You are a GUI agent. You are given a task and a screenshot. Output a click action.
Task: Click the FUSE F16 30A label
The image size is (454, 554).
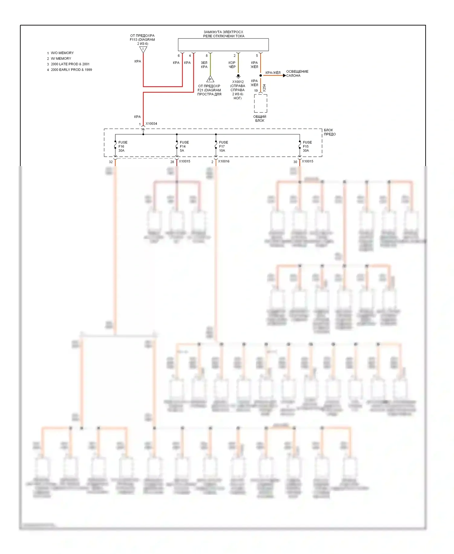click(123, 146)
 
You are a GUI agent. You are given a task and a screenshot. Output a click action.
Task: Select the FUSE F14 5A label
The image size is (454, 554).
click(184, 146)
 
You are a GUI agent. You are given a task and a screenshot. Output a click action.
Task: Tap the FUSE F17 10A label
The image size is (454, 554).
click(223, 146)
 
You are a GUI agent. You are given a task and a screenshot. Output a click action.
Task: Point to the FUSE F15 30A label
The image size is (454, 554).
click(307, 146)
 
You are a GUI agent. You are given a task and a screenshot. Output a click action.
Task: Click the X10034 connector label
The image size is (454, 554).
click(151, 124)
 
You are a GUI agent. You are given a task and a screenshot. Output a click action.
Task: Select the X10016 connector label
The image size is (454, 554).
click(224, 161)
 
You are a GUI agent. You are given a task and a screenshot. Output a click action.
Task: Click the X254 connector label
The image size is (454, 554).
click(264, 88)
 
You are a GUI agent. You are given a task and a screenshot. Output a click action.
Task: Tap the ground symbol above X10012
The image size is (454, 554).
click(238, 76)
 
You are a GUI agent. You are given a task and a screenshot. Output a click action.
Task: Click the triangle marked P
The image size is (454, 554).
click(210, 79)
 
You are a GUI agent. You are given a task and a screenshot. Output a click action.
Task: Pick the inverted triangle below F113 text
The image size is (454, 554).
click(143, 49)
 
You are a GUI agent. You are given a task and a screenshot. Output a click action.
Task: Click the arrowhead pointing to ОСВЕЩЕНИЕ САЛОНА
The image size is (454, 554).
click(284, 75)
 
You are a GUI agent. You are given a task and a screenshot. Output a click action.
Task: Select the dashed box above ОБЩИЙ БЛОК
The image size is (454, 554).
click(260, 103)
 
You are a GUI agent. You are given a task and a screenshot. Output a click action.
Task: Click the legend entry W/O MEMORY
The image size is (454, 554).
click(62, 53)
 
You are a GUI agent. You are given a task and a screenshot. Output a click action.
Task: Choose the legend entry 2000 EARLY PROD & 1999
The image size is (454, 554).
click(71, 70)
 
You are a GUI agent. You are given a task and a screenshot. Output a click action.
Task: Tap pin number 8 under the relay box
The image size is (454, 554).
click(207, 56)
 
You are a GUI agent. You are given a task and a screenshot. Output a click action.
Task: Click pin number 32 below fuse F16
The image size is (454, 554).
click(111, 162)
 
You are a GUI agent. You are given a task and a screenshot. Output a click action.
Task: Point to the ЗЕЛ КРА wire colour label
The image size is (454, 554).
click(204, 65)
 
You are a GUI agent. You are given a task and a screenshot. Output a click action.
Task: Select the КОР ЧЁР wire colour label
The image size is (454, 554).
click(232, 65)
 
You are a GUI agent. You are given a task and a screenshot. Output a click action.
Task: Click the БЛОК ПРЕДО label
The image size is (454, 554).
click(329, 132)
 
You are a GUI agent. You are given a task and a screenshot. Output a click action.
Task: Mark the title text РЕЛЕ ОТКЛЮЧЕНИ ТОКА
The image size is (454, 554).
click(224, 36)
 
